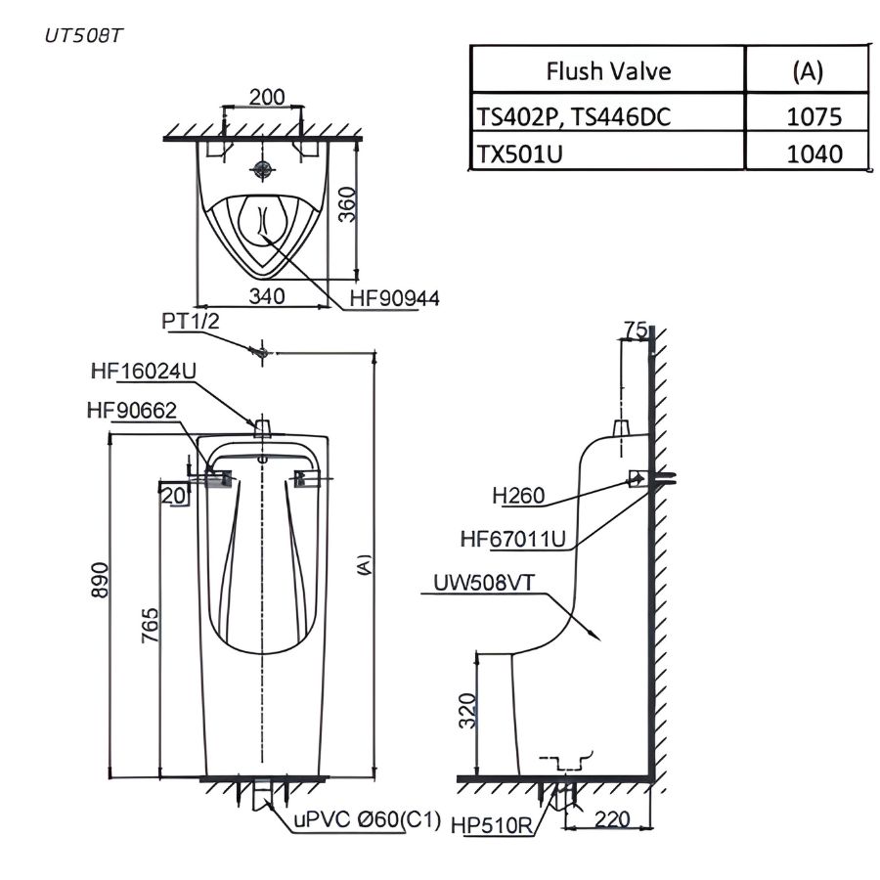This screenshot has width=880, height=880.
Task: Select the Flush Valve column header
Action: [608, 71]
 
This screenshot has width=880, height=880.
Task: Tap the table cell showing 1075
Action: [814, 116]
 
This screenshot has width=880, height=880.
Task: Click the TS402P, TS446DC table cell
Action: [574, 116]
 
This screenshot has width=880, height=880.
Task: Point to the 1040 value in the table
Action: [814, 154]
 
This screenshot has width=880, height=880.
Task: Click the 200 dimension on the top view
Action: [266, 97]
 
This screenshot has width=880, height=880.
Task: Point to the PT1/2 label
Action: [191, 322]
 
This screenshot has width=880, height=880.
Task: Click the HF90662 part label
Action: [132, 411]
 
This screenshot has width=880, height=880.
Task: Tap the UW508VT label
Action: [486, 584]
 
